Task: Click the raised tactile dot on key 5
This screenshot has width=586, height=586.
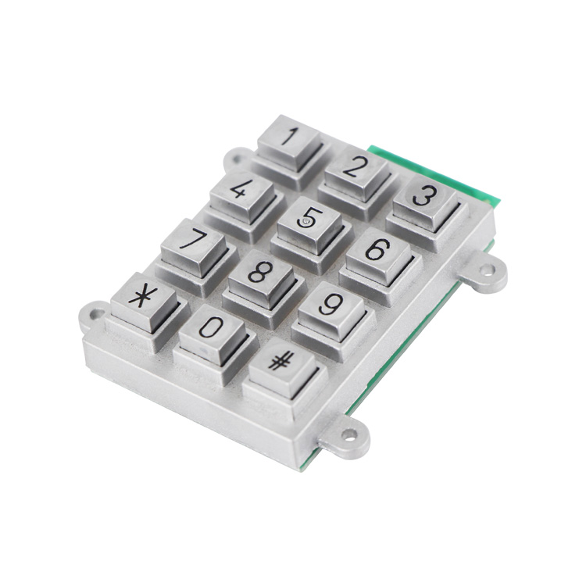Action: (306, 223)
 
